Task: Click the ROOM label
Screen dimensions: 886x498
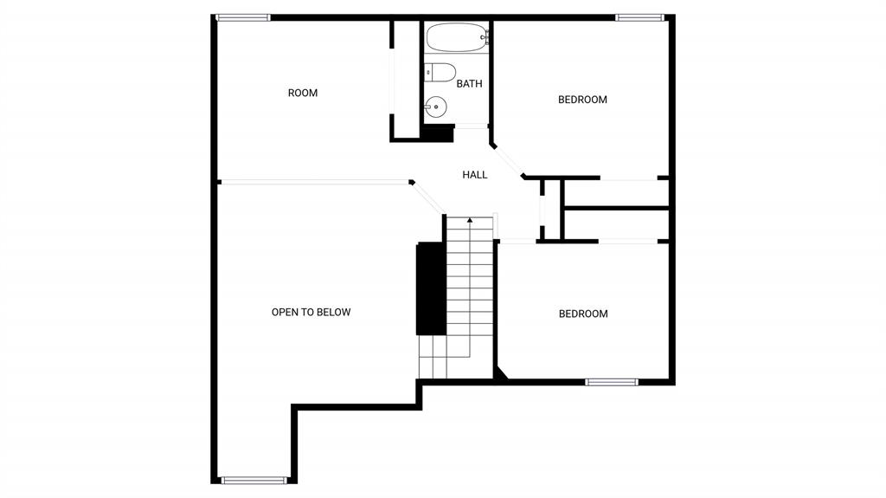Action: (303, 93)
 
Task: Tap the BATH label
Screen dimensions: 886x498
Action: (470, 84)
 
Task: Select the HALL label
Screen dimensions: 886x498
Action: (475, 175)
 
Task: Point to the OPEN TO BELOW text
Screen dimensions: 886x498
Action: (311, 313)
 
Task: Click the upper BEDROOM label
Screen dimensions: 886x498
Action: (582, 100)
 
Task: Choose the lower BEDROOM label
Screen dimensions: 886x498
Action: (583, 314)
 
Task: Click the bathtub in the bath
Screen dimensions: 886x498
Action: (458, 37)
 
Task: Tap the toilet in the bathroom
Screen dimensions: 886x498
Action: (440, 73)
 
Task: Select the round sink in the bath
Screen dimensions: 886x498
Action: (436, 107)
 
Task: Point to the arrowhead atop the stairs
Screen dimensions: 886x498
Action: (470, 220)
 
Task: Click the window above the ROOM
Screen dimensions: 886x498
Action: (243, 17)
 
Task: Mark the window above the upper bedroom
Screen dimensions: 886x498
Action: (639, 17)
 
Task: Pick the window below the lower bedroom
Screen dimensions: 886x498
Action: (612, 383)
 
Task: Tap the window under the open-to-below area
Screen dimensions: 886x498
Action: (254, 481)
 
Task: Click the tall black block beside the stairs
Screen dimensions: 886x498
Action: (431, 288)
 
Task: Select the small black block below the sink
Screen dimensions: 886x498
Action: (438, 133)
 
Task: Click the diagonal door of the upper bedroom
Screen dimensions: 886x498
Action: (508, 161)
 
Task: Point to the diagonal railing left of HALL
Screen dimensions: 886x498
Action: (427, 197)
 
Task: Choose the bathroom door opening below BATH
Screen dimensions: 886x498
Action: (472, 126)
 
